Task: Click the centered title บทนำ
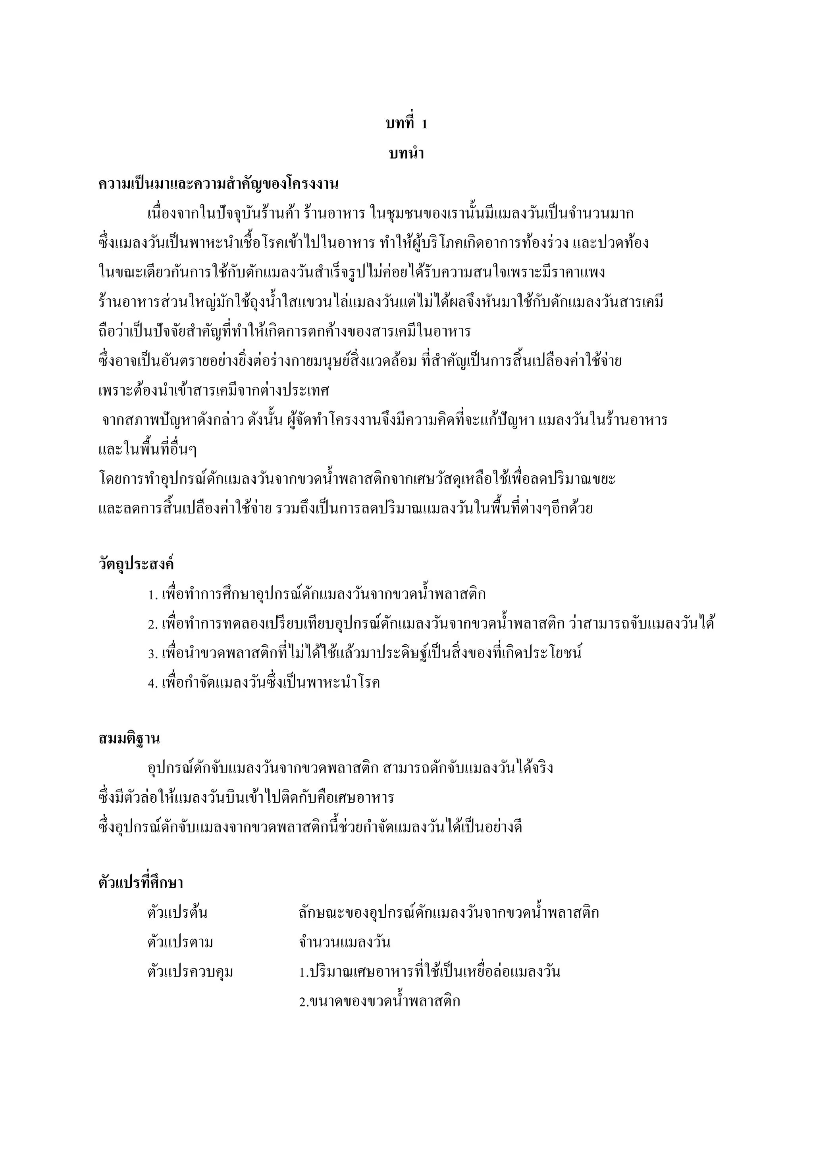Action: tap(406, 154)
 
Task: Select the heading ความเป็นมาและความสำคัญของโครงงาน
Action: tap(218, 184)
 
